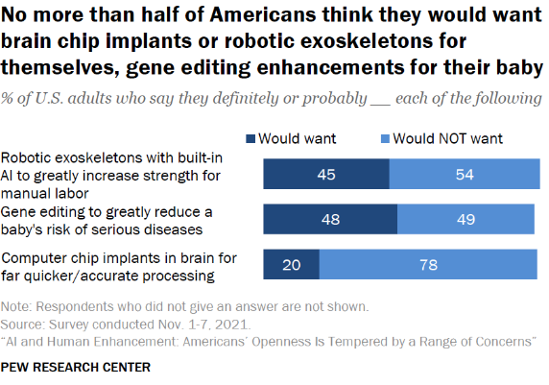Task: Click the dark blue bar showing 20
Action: (292, 263)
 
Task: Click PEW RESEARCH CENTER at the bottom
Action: (76, 367)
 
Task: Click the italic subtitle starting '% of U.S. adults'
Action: (271, 99)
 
